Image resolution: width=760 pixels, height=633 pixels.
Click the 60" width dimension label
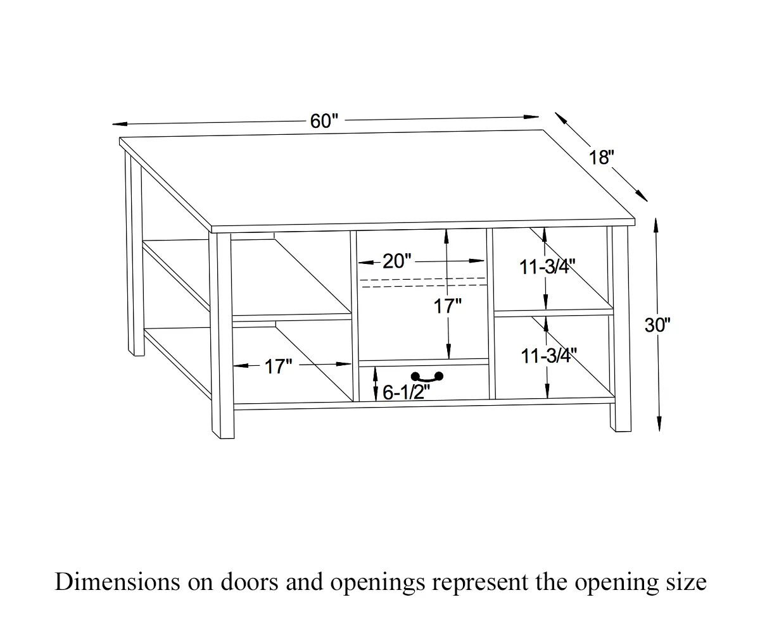point(324,121)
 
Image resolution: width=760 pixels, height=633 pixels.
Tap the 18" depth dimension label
point(602,158)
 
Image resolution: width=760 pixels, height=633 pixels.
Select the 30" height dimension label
point(657,325)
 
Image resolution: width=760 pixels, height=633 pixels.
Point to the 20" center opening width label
point(397,261)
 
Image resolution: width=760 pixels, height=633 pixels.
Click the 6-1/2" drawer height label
point(406,392)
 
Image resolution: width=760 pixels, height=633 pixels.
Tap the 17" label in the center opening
point(447,307)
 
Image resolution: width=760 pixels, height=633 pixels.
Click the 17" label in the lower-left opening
point(278,366)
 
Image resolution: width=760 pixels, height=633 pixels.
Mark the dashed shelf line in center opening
point(422,282)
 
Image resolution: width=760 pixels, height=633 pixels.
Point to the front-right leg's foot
point(621,425)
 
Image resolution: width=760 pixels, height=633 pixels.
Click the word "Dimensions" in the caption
point(116,582)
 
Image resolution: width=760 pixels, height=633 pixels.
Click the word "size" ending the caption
point(687,582)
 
